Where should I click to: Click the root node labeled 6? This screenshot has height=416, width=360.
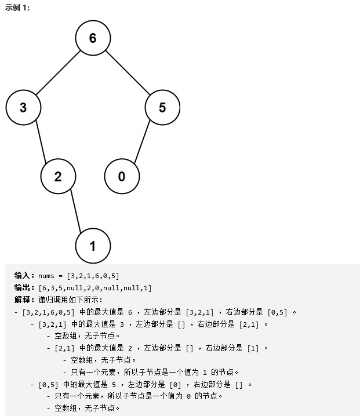pos(93,38)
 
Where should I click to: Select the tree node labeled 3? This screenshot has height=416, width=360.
pos(23,107)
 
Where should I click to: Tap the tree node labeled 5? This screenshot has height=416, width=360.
pos(162,107)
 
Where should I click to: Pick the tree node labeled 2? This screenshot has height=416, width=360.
pos(58,177)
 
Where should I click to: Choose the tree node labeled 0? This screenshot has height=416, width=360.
pos(122,177)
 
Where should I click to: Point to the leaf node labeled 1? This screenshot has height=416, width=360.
pos(93,246)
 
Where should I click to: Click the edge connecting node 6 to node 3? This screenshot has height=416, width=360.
pos(58,72)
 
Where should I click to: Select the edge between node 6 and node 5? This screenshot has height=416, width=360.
pos(128,72)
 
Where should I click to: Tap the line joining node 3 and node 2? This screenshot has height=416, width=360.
pos(41,142)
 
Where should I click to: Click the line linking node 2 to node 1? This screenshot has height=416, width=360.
pos(76,211)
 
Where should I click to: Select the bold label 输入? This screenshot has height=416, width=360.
pos(24,275)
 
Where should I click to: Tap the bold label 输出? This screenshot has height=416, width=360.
pos(24,287)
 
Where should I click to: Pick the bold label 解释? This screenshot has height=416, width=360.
pos(24,300)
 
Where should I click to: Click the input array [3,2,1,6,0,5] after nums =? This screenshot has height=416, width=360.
pos(93,275)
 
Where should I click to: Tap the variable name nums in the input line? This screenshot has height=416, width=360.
pos(47,275)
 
